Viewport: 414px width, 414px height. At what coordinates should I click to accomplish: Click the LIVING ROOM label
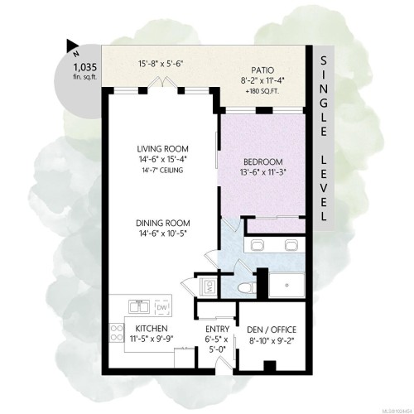[x=161, y=149]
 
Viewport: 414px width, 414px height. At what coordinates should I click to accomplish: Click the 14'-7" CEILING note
[x=161, y=171]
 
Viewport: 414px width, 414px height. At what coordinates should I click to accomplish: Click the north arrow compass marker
[x=73, y=47]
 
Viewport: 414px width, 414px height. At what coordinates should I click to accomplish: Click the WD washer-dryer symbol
[x=209, y=287]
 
